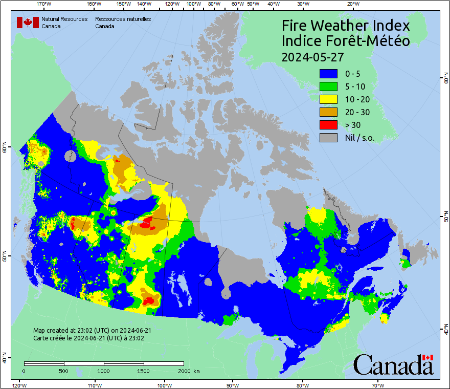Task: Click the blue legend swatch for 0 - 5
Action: point(328,74)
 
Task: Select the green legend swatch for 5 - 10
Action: point(328,87)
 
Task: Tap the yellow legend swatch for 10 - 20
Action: point(328,99)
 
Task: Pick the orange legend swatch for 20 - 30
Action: point(328,112)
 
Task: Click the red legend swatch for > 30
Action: point(328,124)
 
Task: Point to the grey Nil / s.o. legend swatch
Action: point(328,137)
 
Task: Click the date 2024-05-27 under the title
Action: point(312,56)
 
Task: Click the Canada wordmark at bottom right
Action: point(393,365)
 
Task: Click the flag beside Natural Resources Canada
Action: point(28,23)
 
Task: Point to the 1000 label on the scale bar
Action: point(104,371)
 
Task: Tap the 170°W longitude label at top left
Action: point(44,4)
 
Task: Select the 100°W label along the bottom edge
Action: point(164,385)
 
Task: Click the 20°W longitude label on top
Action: point(352,4)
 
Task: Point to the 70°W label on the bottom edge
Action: point(377,385)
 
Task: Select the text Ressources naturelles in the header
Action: point(123,19)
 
